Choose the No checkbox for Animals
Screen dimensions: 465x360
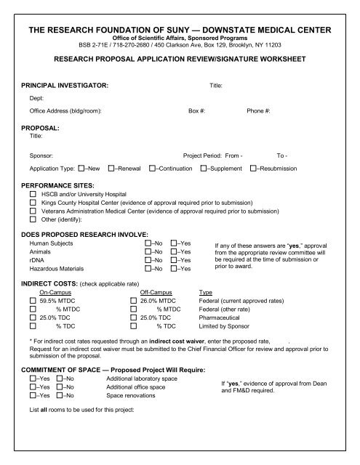click(149, 251)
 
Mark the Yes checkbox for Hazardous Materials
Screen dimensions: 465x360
click(175, 268)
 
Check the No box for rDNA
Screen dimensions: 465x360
click(149, 260)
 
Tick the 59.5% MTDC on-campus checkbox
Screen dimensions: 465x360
click(33, 300)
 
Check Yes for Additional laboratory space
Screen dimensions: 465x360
click(33, 379)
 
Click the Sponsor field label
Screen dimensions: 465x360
click(41, 155)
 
